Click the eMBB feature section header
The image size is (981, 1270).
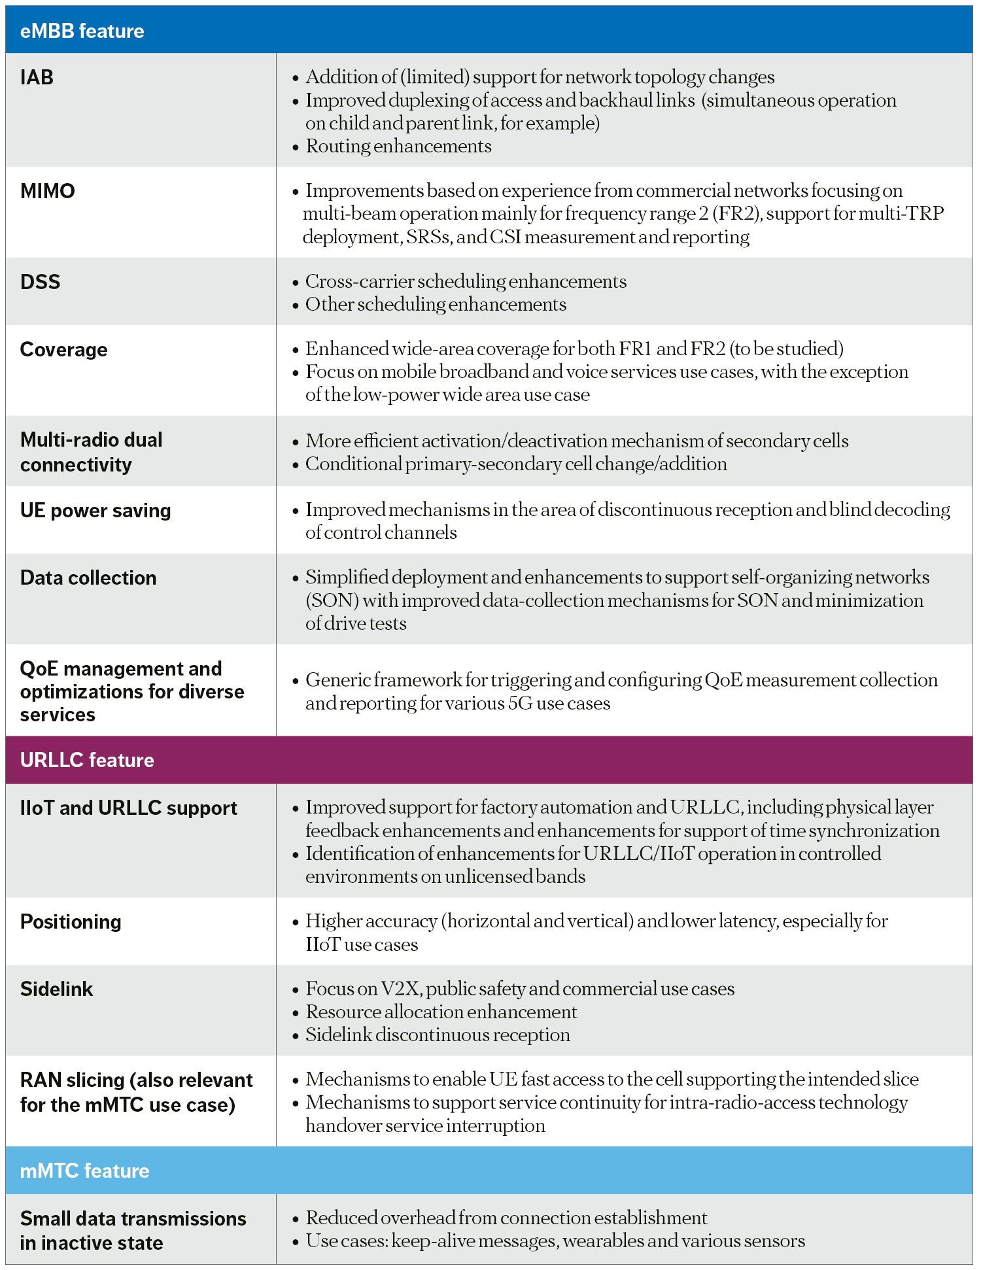click(x=82, y=31)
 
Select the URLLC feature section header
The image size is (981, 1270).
click(x=87, y=760)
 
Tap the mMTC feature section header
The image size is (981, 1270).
click(x=84, y=1171)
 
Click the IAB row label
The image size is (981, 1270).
click(x=37, y=78)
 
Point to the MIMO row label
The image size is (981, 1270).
click(x=48, y=191)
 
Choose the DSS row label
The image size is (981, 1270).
click(x=41, y=282)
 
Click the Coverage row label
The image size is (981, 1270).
click(x=64, y=350)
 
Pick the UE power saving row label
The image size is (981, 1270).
click(x=95, y=511)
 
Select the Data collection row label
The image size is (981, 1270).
click(x=88, y=578)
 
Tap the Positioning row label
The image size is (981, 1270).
click(x=71, y=922)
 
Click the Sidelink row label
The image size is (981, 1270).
click(x=57, y=989)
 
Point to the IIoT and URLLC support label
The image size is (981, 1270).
click(x=129, y=808)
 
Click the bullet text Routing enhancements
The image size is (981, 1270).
click(x=398, y=146)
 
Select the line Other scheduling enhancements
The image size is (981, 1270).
click(x=436, y=304)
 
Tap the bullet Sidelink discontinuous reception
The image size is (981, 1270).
click(x=438, y=1035)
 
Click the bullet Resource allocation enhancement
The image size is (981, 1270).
click(x=441, y=1012)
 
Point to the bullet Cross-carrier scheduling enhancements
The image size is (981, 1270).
click(x=466, y=281)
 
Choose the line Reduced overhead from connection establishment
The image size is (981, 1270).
click(x=506, y=1218)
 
